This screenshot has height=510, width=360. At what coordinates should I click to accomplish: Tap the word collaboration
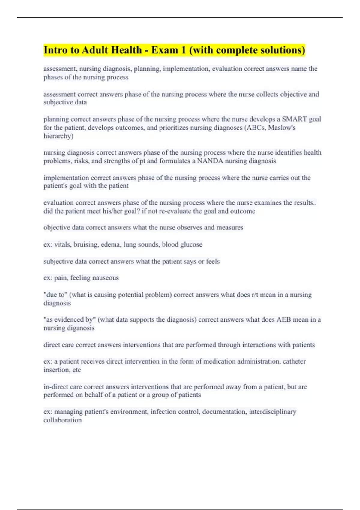coord(62,420)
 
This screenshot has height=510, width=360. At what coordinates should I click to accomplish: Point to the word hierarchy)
coord(58,136)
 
